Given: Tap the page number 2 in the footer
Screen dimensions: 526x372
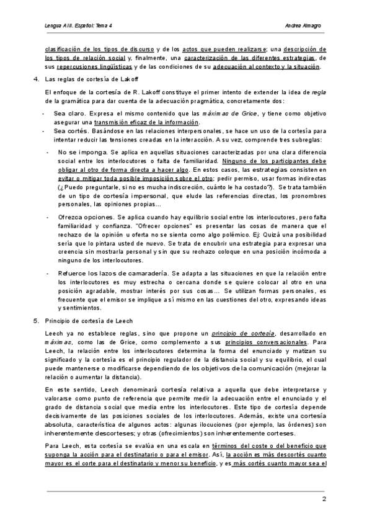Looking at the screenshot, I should pyautogui.click(x=324, y=499).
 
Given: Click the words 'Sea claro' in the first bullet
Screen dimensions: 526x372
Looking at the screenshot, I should pyautogui.click(x=69, y=115).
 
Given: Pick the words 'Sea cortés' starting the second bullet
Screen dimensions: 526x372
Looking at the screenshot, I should pyautogui.click(x=70, y=131).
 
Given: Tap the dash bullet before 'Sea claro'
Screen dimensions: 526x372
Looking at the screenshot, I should pyautogui.click(x=42, y=115).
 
